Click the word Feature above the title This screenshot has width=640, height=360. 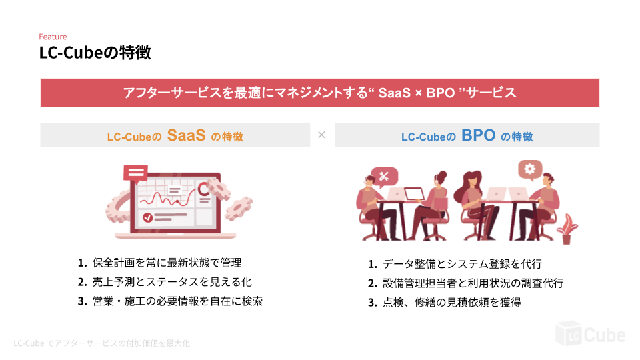[x=53, y=37]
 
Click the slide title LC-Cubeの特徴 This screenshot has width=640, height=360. [x=95, y=53]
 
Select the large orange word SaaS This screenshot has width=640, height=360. [x=186, y=135]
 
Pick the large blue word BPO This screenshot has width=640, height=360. [x=478, y=135]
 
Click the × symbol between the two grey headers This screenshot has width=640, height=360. [x=321, y=135]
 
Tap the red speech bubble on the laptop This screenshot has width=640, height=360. [x=136, y=173]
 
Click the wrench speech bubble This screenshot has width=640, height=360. [x=385, y=176]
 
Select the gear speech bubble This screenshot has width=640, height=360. [x=531, y=169]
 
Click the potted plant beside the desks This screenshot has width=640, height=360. [x=567, y=229]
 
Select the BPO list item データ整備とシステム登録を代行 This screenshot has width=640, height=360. [x=455, y=264]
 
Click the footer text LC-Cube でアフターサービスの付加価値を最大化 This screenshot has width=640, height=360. [x=102, y=343]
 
